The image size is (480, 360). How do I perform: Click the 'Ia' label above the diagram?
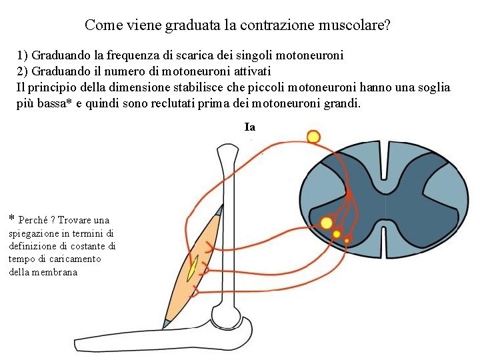(250, 127)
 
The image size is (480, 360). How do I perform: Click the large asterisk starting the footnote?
(12, 219)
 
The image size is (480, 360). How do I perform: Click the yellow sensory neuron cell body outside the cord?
(313, 137)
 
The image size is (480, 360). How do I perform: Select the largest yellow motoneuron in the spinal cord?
(327, 223)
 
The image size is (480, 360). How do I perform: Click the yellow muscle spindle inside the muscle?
(192, 269)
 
